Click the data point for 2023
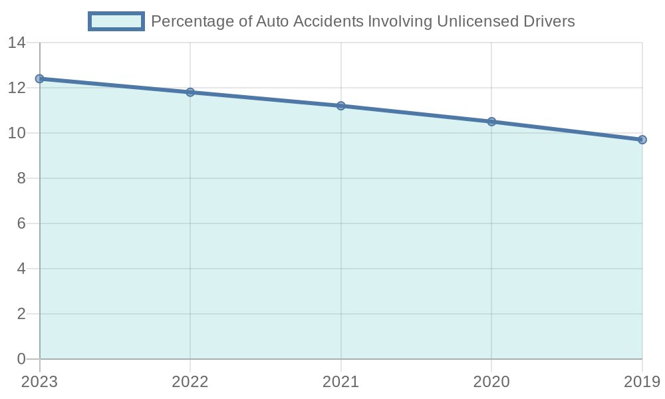[40, 78]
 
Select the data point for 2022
[190, 92]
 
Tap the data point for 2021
[341, 106]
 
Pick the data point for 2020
[491, 122]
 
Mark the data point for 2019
[642, 140]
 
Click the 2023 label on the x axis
[39, 382]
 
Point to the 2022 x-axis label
[190, 382]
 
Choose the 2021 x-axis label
[340, 382]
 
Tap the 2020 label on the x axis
[491, 382]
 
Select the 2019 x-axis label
[641, 382]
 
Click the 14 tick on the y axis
[16, 43]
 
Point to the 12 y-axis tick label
[16, 88]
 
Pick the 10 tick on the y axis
[16, 134]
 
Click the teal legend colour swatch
[116, 21]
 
